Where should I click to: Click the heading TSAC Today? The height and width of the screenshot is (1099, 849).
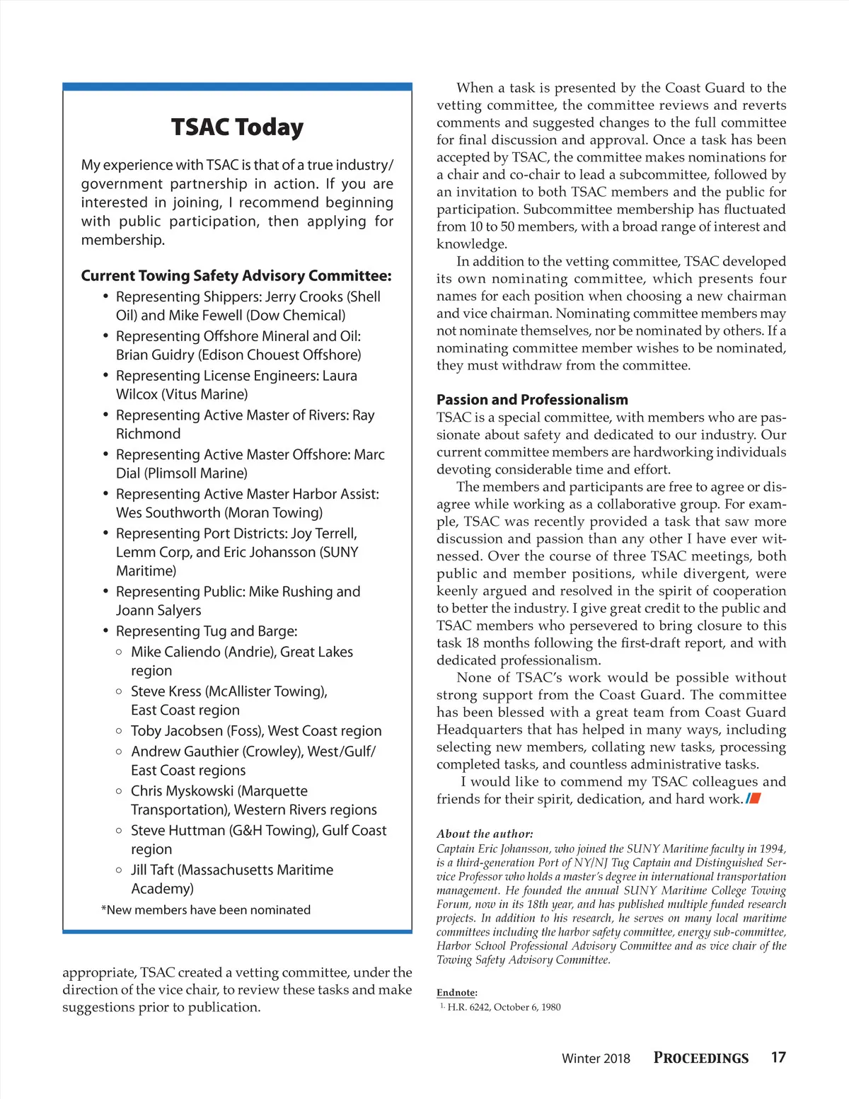(x=237, y=127)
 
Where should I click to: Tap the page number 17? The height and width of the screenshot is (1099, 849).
(x=778, y=1057)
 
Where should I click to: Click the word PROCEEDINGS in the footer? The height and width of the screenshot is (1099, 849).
(x=700, y=1058)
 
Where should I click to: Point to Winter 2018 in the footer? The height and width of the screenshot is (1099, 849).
(x=595, y=1059)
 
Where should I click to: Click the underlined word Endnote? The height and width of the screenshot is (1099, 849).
(x=456, y=993)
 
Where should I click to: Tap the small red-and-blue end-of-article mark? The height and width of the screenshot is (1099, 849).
(x=753, y=799)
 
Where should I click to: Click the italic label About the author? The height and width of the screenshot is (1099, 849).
(x=485, y=834)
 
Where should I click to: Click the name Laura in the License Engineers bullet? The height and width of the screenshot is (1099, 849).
(x=340, y=376)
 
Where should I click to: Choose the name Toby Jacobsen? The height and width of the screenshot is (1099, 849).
(x=176, y=731)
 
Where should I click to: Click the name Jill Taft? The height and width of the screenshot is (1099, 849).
(x=152, y=870)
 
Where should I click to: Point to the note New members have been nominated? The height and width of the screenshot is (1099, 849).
(x=206, y=910)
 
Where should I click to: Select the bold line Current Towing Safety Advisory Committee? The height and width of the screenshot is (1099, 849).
(x=236, y=276)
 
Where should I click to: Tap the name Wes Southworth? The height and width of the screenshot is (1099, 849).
(x=168, y=513)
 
